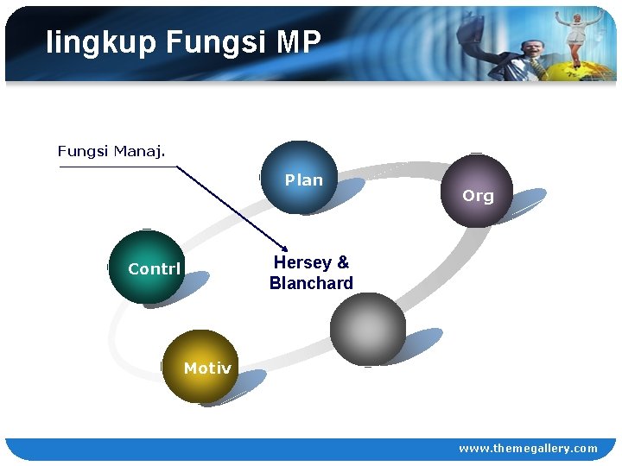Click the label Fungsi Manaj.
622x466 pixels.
pyautogui.click(x=111, y=152)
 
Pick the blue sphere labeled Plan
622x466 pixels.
pyautogui.click(x=298, y=177)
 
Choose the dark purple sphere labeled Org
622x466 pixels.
pyautogui.click(x=475, y=191)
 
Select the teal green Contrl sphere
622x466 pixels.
pyautogui.click(x=147, y=267)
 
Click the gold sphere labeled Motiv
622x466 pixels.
pyautogui.click(x=199, y=366)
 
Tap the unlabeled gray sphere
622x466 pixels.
pyautogui.click(x=368, y=329)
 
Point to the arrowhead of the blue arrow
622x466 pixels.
pyautogui.click(x=285, y=246)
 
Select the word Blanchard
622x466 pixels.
pyautogui.click(x=311, y=283)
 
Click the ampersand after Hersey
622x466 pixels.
pyautogui.click(x=343, y=262)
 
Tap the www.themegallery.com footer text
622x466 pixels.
pyautogui.click(x=527, y=448)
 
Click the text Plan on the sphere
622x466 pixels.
pyautogui.click(x=304, y=180)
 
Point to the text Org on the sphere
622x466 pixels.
pyautogui.click(x=478, y=196)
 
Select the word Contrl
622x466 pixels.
pyautogui.click(x=154, y=269)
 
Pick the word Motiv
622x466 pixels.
pyautogui.click(x=207, y=368)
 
